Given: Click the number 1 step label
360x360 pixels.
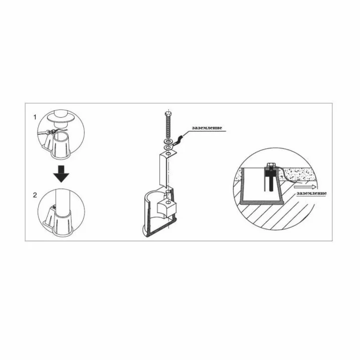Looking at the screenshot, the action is pyautogui.click(x=35, y=117).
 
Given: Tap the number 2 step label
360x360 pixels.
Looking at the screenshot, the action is pyautogui.click(x=35, y=195).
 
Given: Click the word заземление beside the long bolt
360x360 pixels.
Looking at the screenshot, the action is pyautogui.click(x=207, y=128).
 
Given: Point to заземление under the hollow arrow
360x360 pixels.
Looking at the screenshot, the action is pyautogui.click(x=311, y=193).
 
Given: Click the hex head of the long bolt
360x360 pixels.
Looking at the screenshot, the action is pyautogui.click(x=168, y=113).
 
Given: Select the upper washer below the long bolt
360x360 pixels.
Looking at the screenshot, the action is pyautogui.click(x=168, y=140).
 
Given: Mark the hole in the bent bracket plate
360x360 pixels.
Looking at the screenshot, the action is pyautogui.click(x=168, y=153).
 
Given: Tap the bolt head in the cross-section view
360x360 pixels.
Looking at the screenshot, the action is pyautogui.click(x=271, y=165).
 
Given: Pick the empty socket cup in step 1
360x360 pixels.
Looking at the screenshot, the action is pyautogui.click(x=62, y=145).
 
